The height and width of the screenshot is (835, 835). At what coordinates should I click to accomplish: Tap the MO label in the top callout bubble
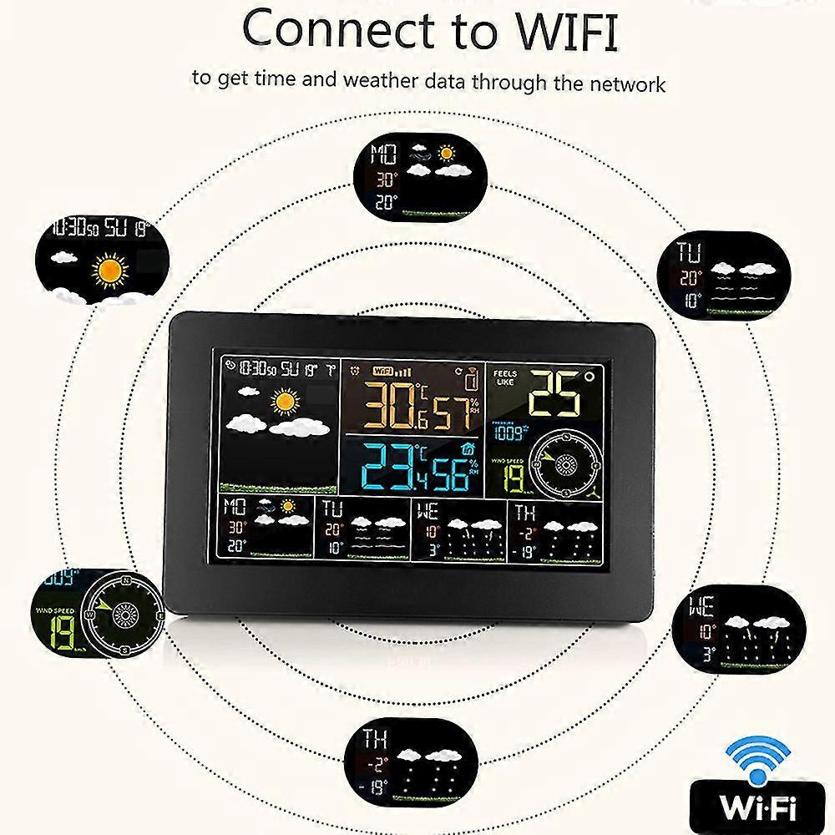(385, 155)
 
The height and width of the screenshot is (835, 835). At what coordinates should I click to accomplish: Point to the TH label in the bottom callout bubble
(377, 737)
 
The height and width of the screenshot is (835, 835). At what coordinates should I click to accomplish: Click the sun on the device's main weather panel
(286, 402)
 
